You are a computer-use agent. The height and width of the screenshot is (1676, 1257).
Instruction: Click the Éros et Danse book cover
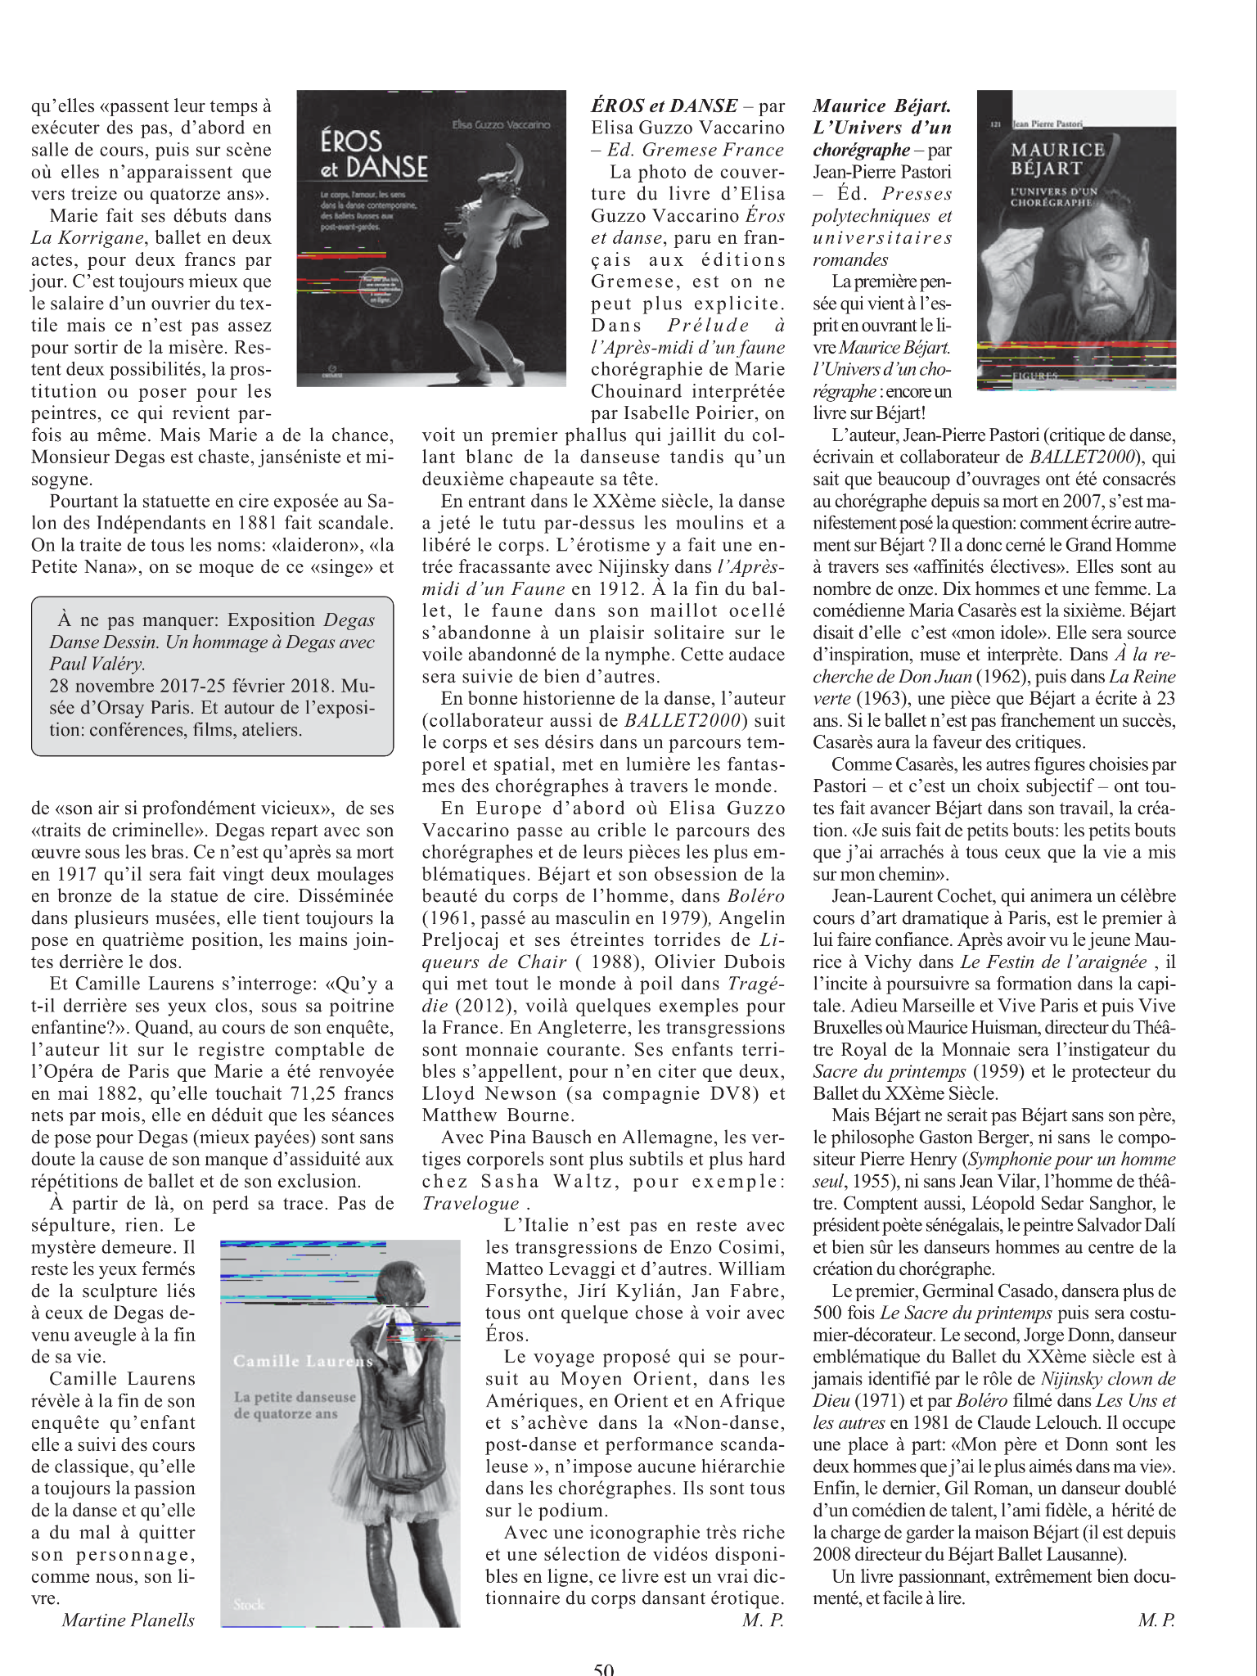430,238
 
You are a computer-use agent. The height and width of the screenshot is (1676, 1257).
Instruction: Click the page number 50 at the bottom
603,1667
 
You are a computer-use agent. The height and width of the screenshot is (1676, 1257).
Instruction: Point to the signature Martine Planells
128,1620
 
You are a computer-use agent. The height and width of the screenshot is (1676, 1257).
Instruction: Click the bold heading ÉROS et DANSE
664,106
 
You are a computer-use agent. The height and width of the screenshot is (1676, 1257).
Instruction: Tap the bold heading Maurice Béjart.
881,106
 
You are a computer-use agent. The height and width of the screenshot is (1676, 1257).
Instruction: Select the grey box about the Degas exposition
212,675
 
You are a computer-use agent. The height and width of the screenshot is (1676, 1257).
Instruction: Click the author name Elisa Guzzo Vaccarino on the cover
501,124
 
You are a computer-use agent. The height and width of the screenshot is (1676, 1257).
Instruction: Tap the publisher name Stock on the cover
248,1604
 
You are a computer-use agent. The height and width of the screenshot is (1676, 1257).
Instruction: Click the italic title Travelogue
471,1204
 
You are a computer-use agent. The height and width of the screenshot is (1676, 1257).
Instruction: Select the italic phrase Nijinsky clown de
1108,1379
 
